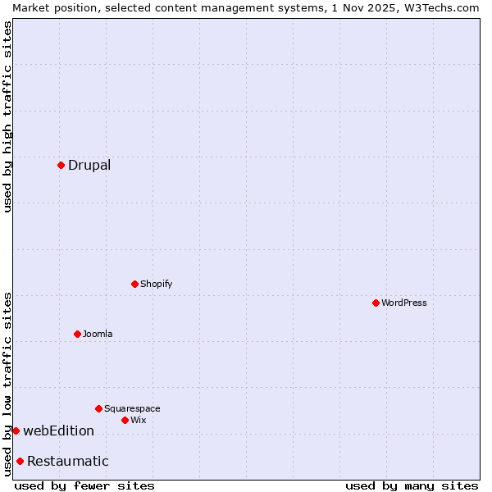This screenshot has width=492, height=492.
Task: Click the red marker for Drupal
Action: point(61,165)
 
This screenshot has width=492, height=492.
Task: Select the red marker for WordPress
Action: point(376,303)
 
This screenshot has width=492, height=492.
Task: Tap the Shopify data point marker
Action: point(134,284)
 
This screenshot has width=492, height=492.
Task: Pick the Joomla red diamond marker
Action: point(77,334)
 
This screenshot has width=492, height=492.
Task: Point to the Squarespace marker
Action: point(98,408)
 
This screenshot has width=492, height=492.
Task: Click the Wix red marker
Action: point(125,420)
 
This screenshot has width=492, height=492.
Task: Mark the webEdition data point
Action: point(16,430)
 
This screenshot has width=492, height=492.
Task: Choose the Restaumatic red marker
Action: point(20,461)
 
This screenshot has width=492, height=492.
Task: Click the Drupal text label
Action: point(89,165)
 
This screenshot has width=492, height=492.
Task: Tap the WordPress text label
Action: point(404,303)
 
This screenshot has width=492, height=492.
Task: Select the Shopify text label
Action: point(156,284)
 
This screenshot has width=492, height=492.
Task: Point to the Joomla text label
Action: point(98,334)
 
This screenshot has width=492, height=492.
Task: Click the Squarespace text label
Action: point(132,408)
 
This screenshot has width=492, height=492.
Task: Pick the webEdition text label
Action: point(58,430)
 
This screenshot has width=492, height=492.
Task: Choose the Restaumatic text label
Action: point(68,461)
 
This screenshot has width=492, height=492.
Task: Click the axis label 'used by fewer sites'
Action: point(84,485)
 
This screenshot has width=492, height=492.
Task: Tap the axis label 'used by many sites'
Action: point(412,485)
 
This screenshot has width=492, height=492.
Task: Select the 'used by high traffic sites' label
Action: point(8,116)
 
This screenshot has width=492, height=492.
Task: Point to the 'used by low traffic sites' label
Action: point(8,384)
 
